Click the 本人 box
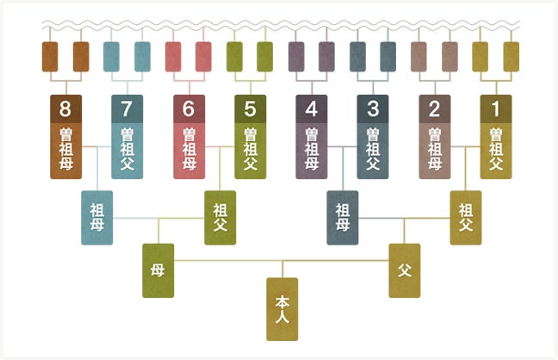[282, 309]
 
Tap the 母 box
[158, 270]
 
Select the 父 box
[405, 270]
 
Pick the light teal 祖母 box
[96, 218]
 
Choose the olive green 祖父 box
[220, 218]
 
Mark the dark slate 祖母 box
[343, 218]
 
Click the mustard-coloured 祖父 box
[466, 218]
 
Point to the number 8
[65, 109]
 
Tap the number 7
[127, 109]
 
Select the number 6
[189, 109]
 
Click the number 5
[251, 109]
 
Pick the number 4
[312, 109]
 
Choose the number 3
[373, 109]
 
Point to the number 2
[435, 109]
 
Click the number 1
[496, 109]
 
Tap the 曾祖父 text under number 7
[127, 149]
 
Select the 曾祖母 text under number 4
[312, 149]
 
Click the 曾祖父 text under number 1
[496, 149]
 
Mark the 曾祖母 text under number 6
[189, 149]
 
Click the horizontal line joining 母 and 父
[281, 261]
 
